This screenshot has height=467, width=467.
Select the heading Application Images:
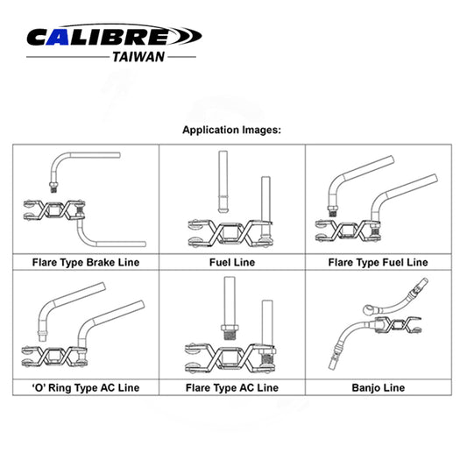[231, 129]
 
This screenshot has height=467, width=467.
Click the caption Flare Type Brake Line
[85, 261]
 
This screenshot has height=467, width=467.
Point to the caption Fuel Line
[232, 261]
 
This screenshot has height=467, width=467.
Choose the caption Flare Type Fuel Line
[378, 261]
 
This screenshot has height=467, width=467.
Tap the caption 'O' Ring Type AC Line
[85, 386]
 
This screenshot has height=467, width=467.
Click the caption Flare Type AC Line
[232, 386]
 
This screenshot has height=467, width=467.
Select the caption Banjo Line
[378, 386]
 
